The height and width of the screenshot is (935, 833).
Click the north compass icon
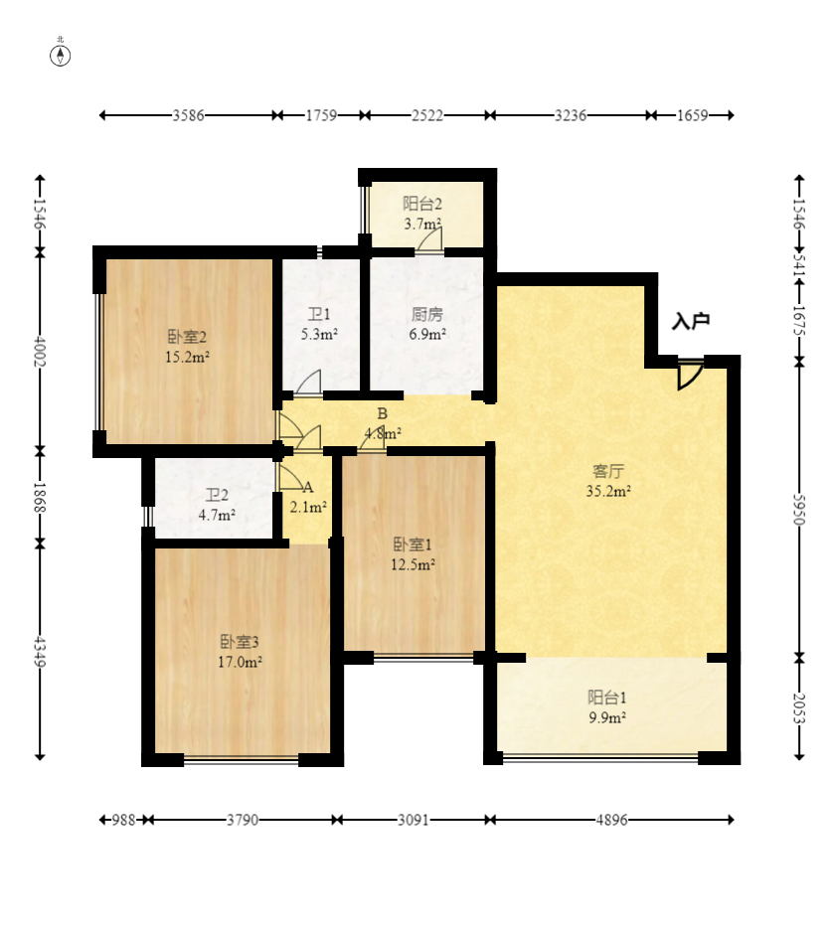(x=61, y=53)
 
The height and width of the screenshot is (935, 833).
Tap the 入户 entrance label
(x=691, y=321)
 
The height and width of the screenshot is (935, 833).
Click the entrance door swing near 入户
(x=689, y=375)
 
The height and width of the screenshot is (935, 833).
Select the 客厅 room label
(x=608, y=471)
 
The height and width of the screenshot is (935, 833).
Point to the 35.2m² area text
(x=608, y=492)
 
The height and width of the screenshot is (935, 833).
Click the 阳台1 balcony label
(x=606, y=698)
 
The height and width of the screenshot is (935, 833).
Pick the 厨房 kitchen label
(x=427, y=314)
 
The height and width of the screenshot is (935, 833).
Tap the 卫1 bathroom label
(x=319, y=314)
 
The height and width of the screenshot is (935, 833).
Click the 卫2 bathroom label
(x=217, y=495)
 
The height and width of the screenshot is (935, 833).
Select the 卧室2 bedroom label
(x=187, y=337)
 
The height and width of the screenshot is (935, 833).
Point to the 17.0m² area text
(x=240, y=662)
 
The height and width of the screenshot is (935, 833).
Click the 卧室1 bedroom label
(x=413, y=544)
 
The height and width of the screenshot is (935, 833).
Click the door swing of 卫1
(x=308, y=383)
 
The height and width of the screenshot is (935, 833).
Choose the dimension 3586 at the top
(x=188, y=115)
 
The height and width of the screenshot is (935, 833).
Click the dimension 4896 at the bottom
(x=611, y=820)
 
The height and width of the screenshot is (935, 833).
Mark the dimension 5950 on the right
(x=799, y=509)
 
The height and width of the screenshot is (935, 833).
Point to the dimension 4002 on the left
(x=40, y=351)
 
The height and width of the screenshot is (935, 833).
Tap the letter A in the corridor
(x=308, y=488)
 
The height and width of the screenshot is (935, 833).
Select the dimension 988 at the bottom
(x=123, y=820)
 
